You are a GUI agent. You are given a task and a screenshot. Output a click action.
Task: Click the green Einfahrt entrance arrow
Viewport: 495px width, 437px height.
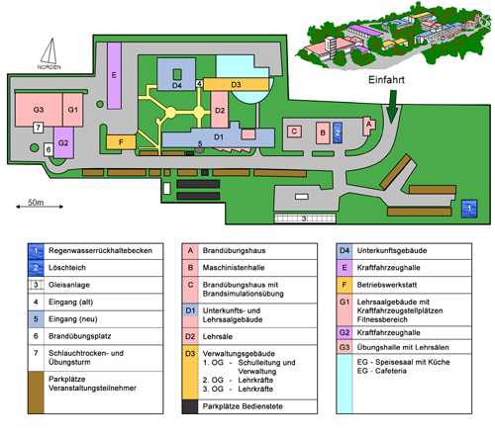pyautogui.click(x=392, y=106)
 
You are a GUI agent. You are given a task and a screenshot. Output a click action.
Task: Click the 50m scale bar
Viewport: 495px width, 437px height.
pyautogui.click(x=40, y=207)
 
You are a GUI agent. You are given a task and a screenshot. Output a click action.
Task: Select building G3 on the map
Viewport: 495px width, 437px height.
pyautogui.click(x=39, y=110)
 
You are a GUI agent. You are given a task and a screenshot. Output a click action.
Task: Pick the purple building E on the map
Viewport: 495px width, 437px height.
pyautogui.click(x=114, y=75)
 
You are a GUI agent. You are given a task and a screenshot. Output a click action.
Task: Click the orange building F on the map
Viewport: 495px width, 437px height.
pyautogui.click(x=121, y=142)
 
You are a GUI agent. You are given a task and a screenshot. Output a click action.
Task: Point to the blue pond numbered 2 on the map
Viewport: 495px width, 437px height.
pyautogui.click(x=338, y=132)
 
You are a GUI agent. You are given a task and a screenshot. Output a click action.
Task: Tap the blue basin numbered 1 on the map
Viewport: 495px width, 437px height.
pyautogui.click(x=469, y=209)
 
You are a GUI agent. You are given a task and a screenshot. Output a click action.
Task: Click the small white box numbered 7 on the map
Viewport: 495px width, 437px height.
pyautogui.click(x=39, y=128)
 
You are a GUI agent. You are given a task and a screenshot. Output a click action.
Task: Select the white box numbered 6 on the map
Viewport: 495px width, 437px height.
pyautogui.click(x=49, y=149)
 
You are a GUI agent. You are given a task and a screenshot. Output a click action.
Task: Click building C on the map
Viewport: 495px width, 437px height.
pyautogui.click(x=294, y=131)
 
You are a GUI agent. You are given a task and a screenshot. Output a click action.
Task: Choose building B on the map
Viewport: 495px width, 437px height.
pyautogui.click(x=323, y=132)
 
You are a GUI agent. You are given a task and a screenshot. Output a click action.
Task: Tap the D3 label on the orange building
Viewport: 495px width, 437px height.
pyautogui.click(x=236, y=85)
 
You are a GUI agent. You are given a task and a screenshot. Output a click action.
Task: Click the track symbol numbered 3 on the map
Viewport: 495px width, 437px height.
pyautogui.click(x=305, y=218)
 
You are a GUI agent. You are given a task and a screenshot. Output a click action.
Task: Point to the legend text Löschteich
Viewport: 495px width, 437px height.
pyautogui.click(x=67, y=268)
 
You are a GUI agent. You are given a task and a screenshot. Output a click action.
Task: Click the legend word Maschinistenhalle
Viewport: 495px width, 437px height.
pyautogui.click(x=234, y=268)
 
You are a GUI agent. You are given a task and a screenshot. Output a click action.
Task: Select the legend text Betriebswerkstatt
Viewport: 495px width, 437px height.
pyautogui.click(x=387, y=285)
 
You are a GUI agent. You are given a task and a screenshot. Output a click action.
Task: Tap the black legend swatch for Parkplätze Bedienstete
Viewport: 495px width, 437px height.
pyautogui.click(x=190, y=407)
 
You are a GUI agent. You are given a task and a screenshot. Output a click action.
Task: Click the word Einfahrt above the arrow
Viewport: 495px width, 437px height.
pyautogui.click(x=386, y=80)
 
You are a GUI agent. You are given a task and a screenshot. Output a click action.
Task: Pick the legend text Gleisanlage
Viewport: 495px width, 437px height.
pyautogui.click(x=69, y=285)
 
